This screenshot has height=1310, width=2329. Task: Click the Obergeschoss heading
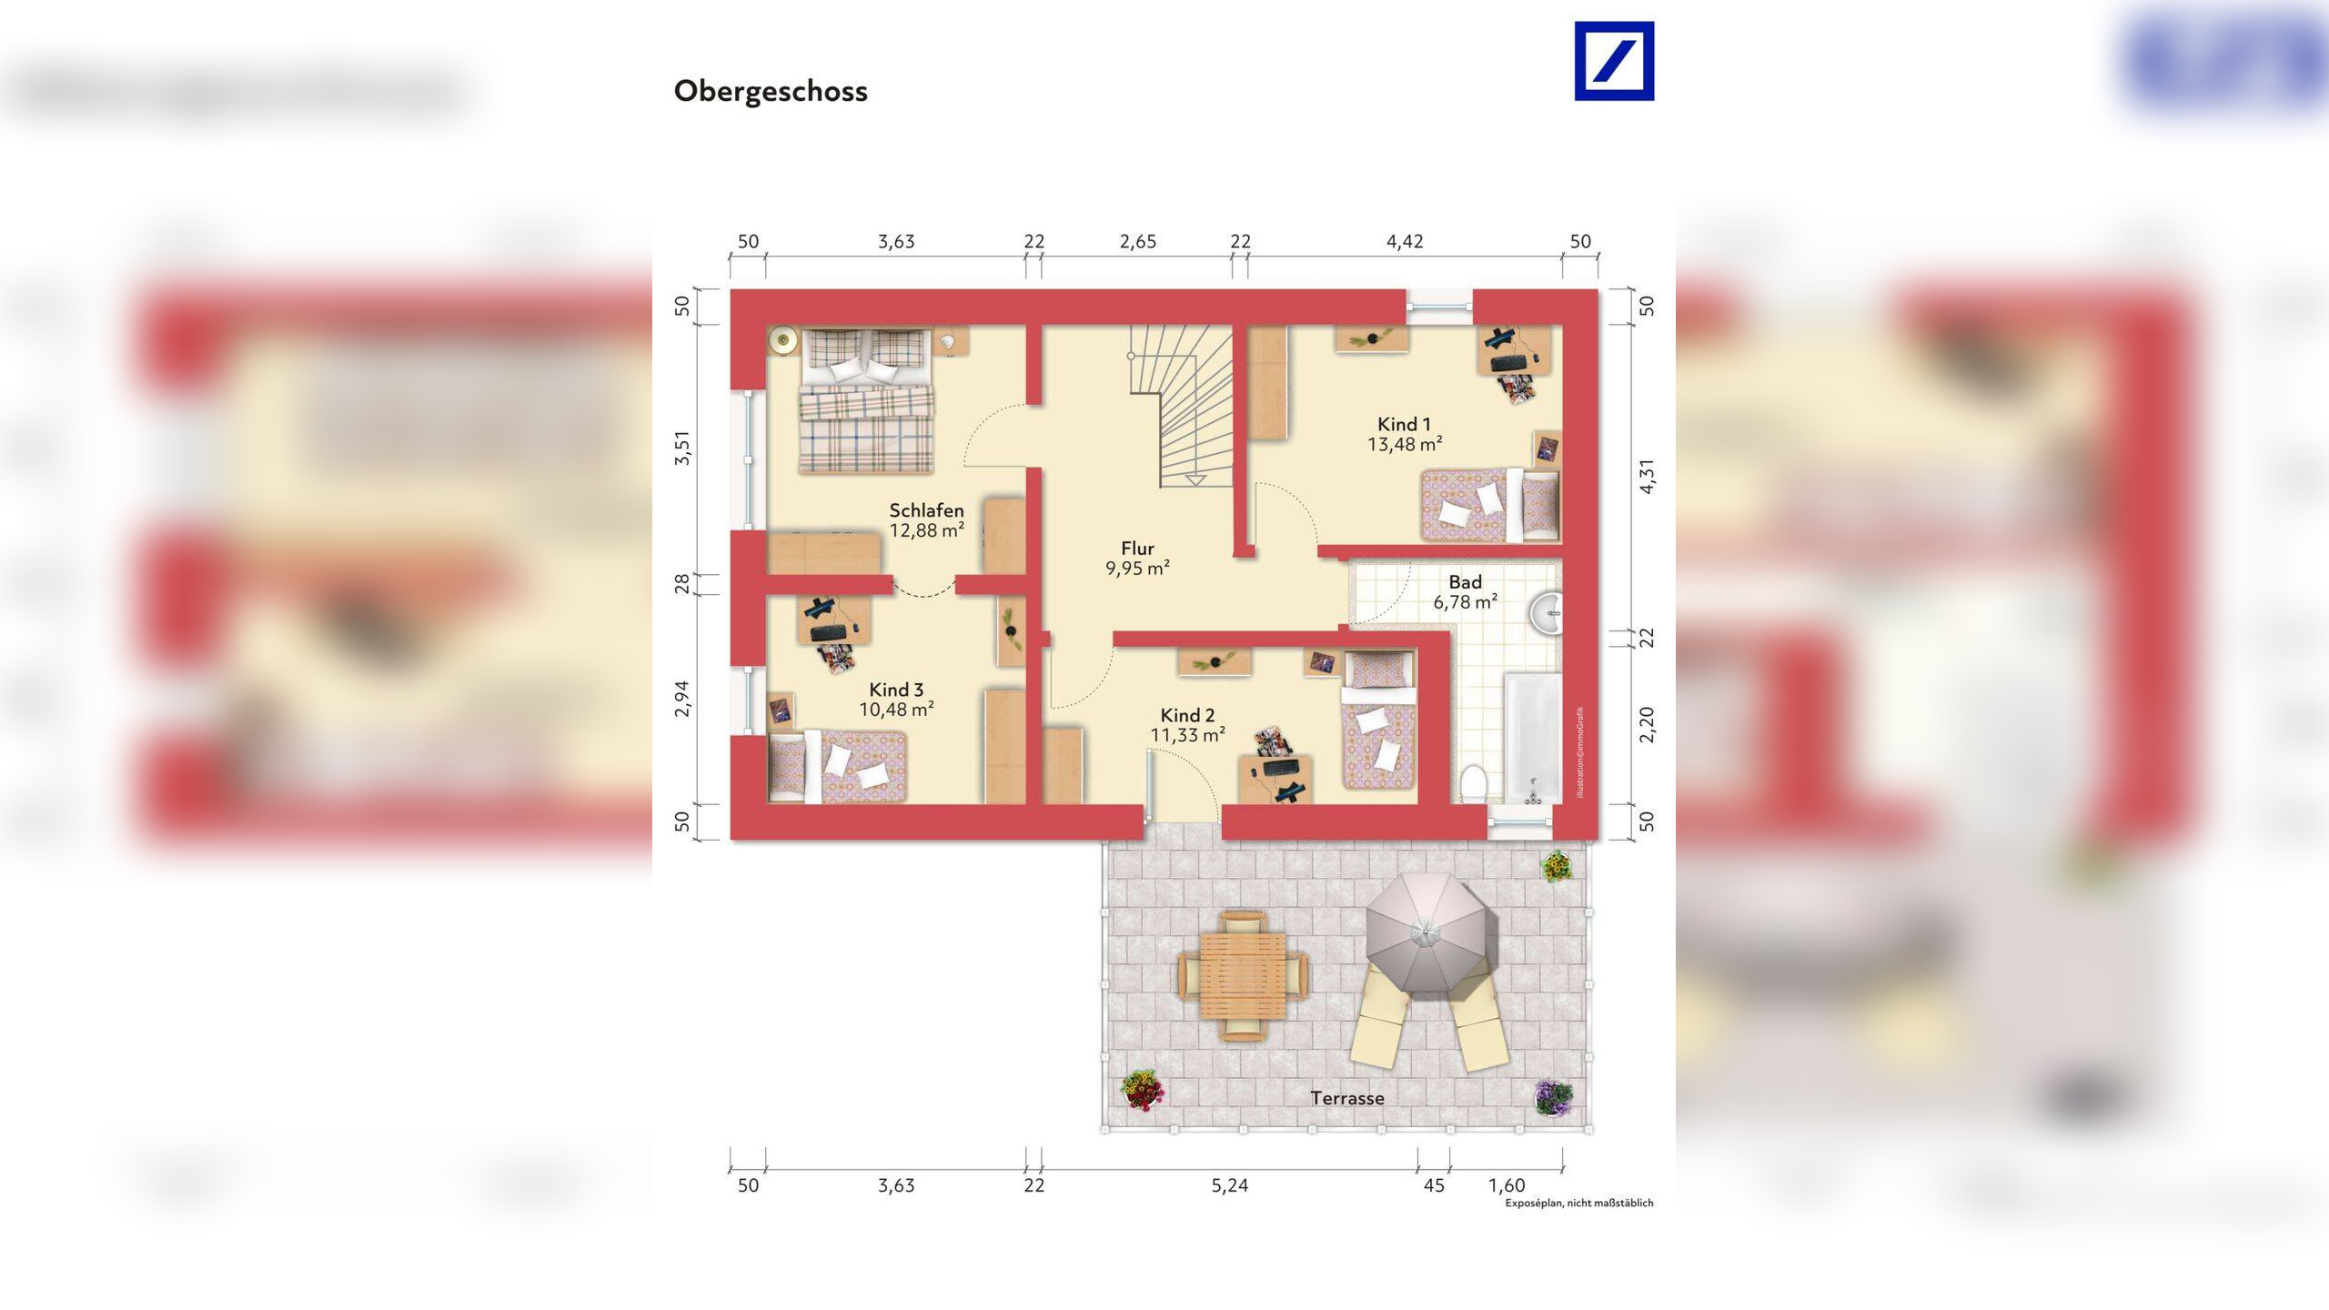[770, 91]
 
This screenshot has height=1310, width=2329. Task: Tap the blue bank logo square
[1614, 61]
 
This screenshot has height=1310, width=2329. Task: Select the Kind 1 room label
[1404, 424]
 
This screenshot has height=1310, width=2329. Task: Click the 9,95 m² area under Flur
[1137, 569]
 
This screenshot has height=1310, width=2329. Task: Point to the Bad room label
[1465, 582]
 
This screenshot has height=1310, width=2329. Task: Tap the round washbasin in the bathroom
[1546, 615]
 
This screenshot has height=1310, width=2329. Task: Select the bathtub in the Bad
[1532, 737]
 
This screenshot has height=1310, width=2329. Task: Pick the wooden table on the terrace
[1243, 975]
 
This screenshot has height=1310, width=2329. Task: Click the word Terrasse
[1346, 1098]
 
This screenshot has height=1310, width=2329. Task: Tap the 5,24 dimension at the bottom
[1229, 1185]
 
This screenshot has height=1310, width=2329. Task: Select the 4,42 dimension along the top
[1404, 242]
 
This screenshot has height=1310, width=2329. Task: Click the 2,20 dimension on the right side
[1647, 724]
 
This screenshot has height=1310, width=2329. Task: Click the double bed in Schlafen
[866, 400]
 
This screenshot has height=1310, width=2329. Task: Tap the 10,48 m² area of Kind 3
[896, 710]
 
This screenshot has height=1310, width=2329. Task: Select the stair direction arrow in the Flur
[1195, 479]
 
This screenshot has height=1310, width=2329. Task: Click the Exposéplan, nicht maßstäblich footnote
[1578, 1203]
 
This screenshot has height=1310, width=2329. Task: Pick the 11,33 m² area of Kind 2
[1187, 735]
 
